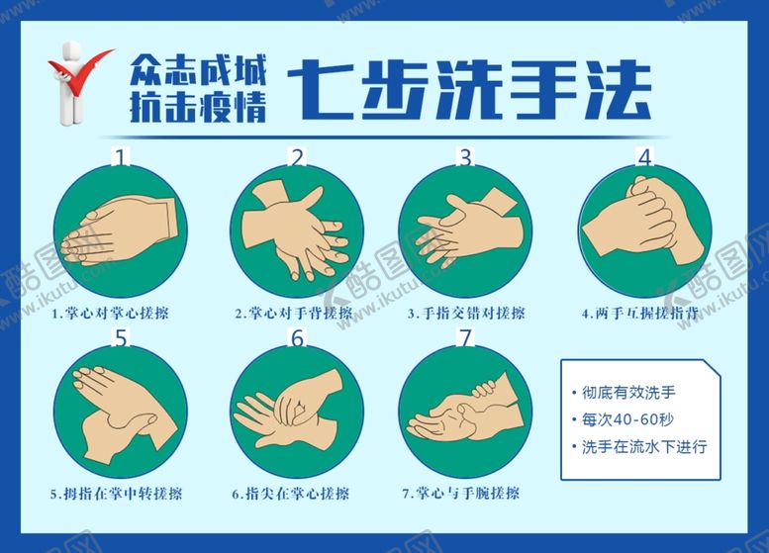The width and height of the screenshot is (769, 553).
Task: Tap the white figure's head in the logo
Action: tap(71, 50)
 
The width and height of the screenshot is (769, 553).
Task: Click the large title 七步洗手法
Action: tap(469, 90)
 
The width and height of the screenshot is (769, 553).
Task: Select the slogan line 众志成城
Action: tap(198, 69)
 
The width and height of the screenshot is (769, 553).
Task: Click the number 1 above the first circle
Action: tap(121, 157)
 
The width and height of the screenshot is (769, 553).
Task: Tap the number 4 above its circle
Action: tap(645, 157)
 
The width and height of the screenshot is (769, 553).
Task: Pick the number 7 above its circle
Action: tap(465, 337)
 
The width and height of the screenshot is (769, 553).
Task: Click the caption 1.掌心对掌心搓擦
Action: tap(111, 313)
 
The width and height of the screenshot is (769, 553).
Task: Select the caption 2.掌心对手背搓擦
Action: tap(294, 313)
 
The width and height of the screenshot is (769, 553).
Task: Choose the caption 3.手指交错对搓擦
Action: tap(466, 313)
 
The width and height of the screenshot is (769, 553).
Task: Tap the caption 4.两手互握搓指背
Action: tap(640, 313)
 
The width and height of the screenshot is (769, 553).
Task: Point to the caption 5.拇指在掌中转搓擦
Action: tap(116, 494)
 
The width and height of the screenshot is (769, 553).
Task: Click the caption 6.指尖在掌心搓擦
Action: tap(291, 494)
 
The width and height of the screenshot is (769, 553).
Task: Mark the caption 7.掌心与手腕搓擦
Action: tap(461, 494)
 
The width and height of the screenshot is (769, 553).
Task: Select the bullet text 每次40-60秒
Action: tap(627, 419)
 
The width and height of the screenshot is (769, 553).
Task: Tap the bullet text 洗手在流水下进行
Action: tap(644, 446)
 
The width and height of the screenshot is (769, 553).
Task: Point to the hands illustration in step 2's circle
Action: tap(296, 229)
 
